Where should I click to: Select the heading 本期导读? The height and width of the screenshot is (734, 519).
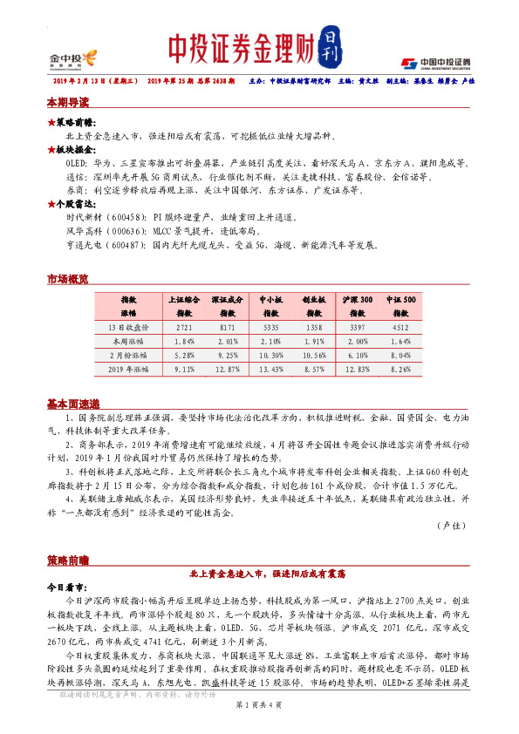67,103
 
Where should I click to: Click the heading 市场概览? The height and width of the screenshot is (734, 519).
67,279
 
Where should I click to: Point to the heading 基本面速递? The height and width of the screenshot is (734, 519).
72,404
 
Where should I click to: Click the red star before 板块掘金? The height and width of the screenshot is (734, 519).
51,149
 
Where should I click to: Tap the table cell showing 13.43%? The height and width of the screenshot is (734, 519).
270,369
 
